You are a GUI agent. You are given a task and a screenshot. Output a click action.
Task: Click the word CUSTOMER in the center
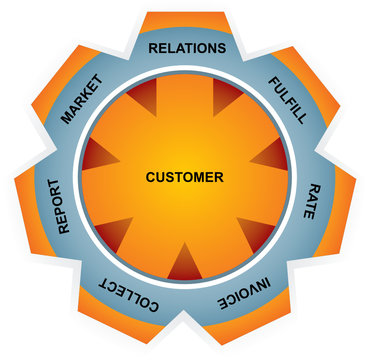coord(185,178)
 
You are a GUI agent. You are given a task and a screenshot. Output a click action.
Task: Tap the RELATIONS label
coord(187,47)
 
